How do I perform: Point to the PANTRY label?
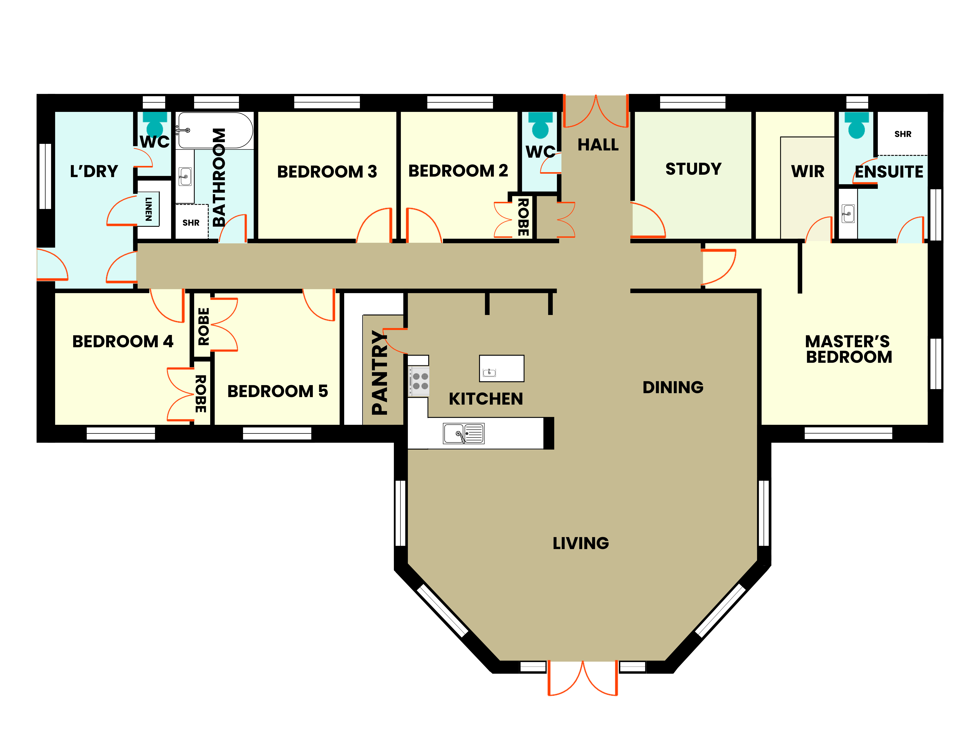coord(379,372)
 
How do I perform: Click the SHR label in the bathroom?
coord(191,223)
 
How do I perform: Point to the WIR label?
coord(808,171)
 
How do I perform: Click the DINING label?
coord(673,387)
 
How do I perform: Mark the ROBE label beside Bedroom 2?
coord(523,217)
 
